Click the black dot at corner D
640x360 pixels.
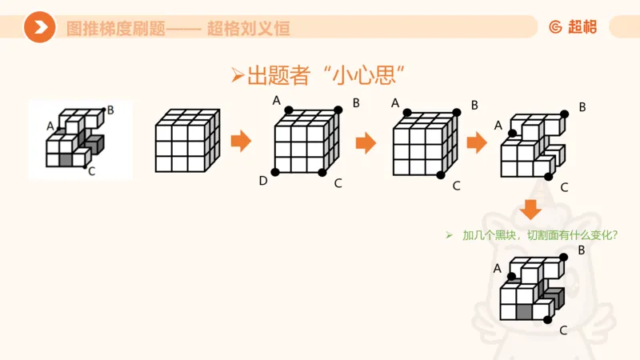[x=275, y=172]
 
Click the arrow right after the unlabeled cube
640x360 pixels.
[x=241, y=142]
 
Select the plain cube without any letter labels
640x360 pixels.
[x=187, y=141]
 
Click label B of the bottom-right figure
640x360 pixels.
[x=582, y=250]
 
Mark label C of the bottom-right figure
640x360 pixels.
[x=564, y=330]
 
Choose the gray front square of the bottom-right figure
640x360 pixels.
[x=524, y=312]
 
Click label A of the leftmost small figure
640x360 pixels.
[x=50, y=126]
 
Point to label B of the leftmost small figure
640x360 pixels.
[x=110, y=110]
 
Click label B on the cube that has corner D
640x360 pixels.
[x=356, y=102]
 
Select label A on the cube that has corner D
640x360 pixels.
[x=277, y=100]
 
